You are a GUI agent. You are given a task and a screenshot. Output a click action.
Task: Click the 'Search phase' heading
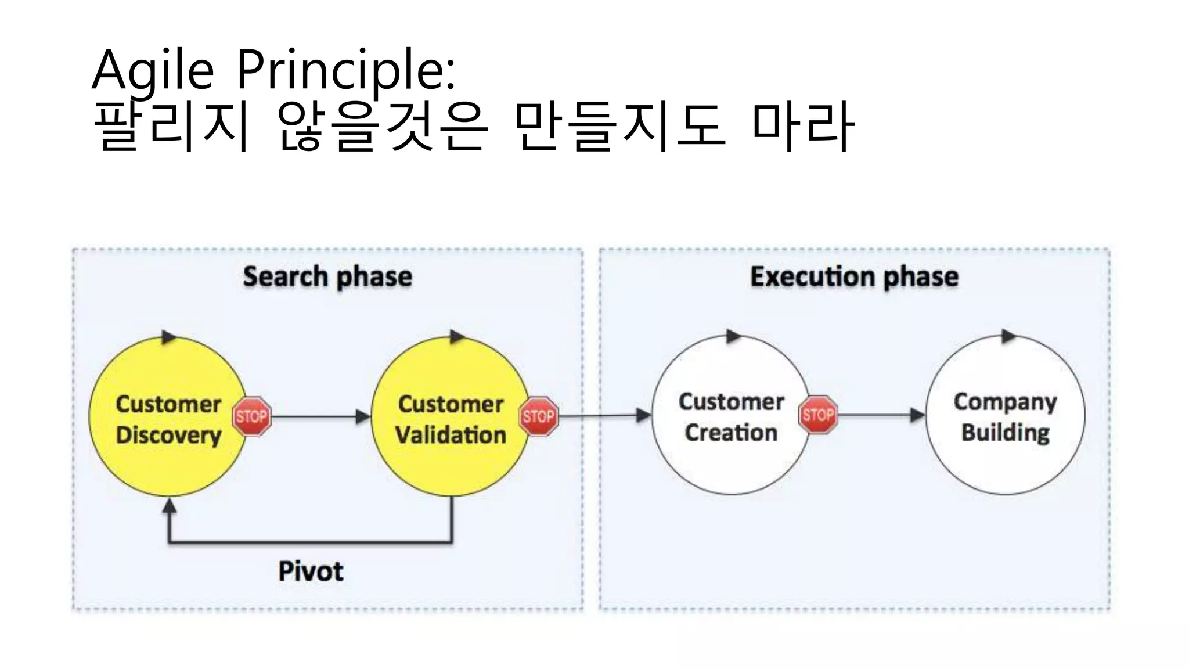click(x=327, y=276)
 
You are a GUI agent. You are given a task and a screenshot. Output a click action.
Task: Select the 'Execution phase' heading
click(x=854, y=276)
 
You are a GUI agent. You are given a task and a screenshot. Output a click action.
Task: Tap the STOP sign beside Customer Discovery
click(x=251, y=416)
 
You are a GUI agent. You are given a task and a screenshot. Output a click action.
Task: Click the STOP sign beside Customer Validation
click(x=538, y=416)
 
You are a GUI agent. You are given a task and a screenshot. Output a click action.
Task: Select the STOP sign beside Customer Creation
click(x=818, y=415)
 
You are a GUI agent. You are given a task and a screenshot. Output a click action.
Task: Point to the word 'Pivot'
click(x=311, y=571)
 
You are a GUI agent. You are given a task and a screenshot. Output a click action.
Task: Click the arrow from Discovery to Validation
click(x=319, y=416)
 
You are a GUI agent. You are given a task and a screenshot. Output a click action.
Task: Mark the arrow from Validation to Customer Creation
click(x=604, y=416)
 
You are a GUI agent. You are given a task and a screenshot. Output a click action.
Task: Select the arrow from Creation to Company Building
click(x=880, y=415)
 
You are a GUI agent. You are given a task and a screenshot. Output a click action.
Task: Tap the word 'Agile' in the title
click(x=153, y=71)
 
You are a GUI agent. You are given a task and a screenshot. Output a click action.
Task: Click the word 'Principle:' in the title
click(x=346, y=71)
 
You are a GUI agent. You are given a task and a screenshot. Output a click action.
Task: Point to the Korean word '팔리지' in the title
click(x=172, y=126)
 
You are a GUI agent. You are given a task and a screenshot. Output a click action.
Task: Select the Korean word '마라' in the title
click(x=803, y=126)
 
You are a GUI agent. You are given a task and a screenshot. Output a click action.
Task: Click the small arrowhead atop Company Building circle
click(x=1009, y=336)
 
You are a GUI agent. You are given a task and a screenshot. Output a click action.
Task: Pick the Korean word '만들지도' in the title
click(x=620, y=126)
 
